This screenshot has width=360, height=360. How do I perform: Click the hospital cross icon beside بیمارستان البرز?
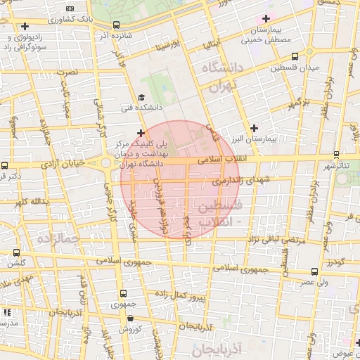[254, 128]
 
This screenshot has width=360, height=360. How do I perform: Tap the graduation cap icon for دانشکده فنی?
[141, 98]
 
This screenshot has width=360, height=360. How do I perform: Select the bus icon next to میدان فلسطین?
[293, 56]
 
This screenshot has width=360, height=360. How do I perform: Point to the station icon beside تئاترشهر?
[337, 155]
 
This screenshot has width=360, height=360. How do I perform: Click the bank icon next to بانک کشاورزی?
[25, 26]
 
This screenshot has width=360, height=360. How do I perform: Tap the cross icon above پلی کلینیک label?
[141, 132]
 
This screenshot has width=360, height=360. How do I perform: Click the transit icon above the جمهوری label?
[124, 293]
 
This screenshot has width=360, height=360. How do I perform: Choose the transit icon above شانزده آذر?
[115, 25]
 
